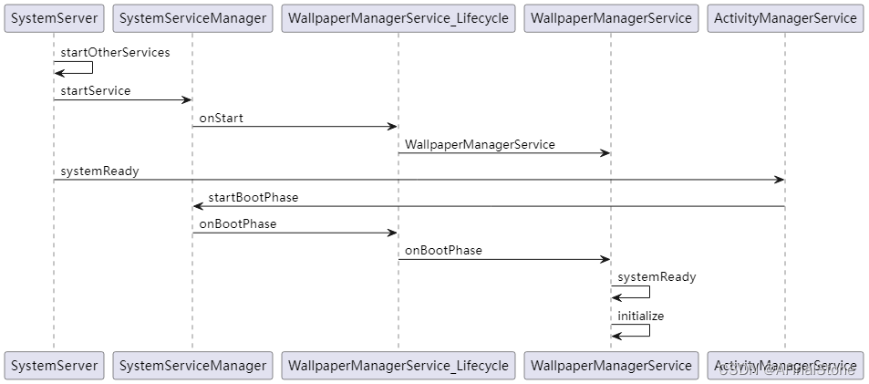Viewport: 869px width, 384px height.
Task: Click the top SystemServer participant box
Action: coord(54,17)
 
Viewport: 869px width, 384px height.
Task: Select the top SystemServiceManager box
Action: coord(192,17)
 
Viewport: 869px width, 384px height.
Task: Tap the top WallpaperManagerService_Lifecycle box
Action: coord(398,17)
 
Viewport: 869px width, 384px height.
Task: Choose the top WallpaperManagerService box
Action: coord(611,17)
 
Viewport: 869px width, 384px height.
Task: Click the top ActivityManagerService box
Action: coord(785,17)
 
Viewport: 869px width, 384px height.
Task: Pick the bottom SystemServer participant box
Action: coord(54,365)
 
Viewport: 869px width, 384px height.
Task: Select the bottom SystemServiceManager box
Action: coord(192,365)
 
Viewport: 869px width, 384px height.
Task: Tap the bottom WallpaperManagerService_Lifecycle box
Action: coord(398,365)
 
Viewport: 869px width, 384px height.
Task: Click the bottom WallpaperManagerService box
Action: coord(611,365)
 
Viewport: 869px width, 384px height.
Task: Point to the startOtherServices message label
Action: coord(115,52)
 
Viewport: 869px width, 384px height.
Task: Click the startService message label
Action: coord(96,90)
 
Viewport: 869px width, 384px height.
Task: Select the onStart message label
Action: coord(222,118)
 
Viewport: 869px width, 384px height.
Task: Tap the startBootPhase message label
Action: coord(253,197)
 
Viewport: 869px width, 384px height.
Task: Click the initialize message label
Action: coord(640,316)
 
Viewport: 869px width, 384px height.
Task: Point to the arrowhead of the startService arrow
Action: coord(187,100)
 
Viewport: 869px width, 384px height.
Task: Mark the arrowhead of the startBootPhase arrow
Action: coord(198,207)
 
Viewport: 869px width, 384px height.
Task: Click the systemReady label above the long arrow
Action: coord(99,171)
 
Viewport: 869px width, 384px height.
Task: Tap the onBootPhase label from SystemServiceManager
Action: coord(238,223)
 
